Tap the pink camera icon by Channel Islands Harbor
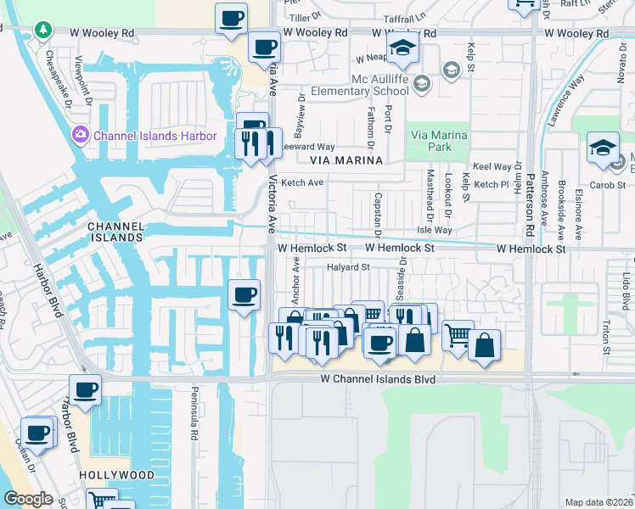click(81, 135)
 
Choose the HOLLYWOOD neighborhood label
click(117, 475)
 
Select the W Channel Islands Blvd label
click(378, 379)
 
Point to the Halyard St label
click(350, 267)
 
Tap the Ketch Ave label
click(302, 182)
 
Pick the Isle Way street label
click(434, 230)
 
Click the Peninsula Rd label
click(194, 422)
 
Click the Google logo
click(27, 499)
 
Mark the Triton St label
click(606, 336)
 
